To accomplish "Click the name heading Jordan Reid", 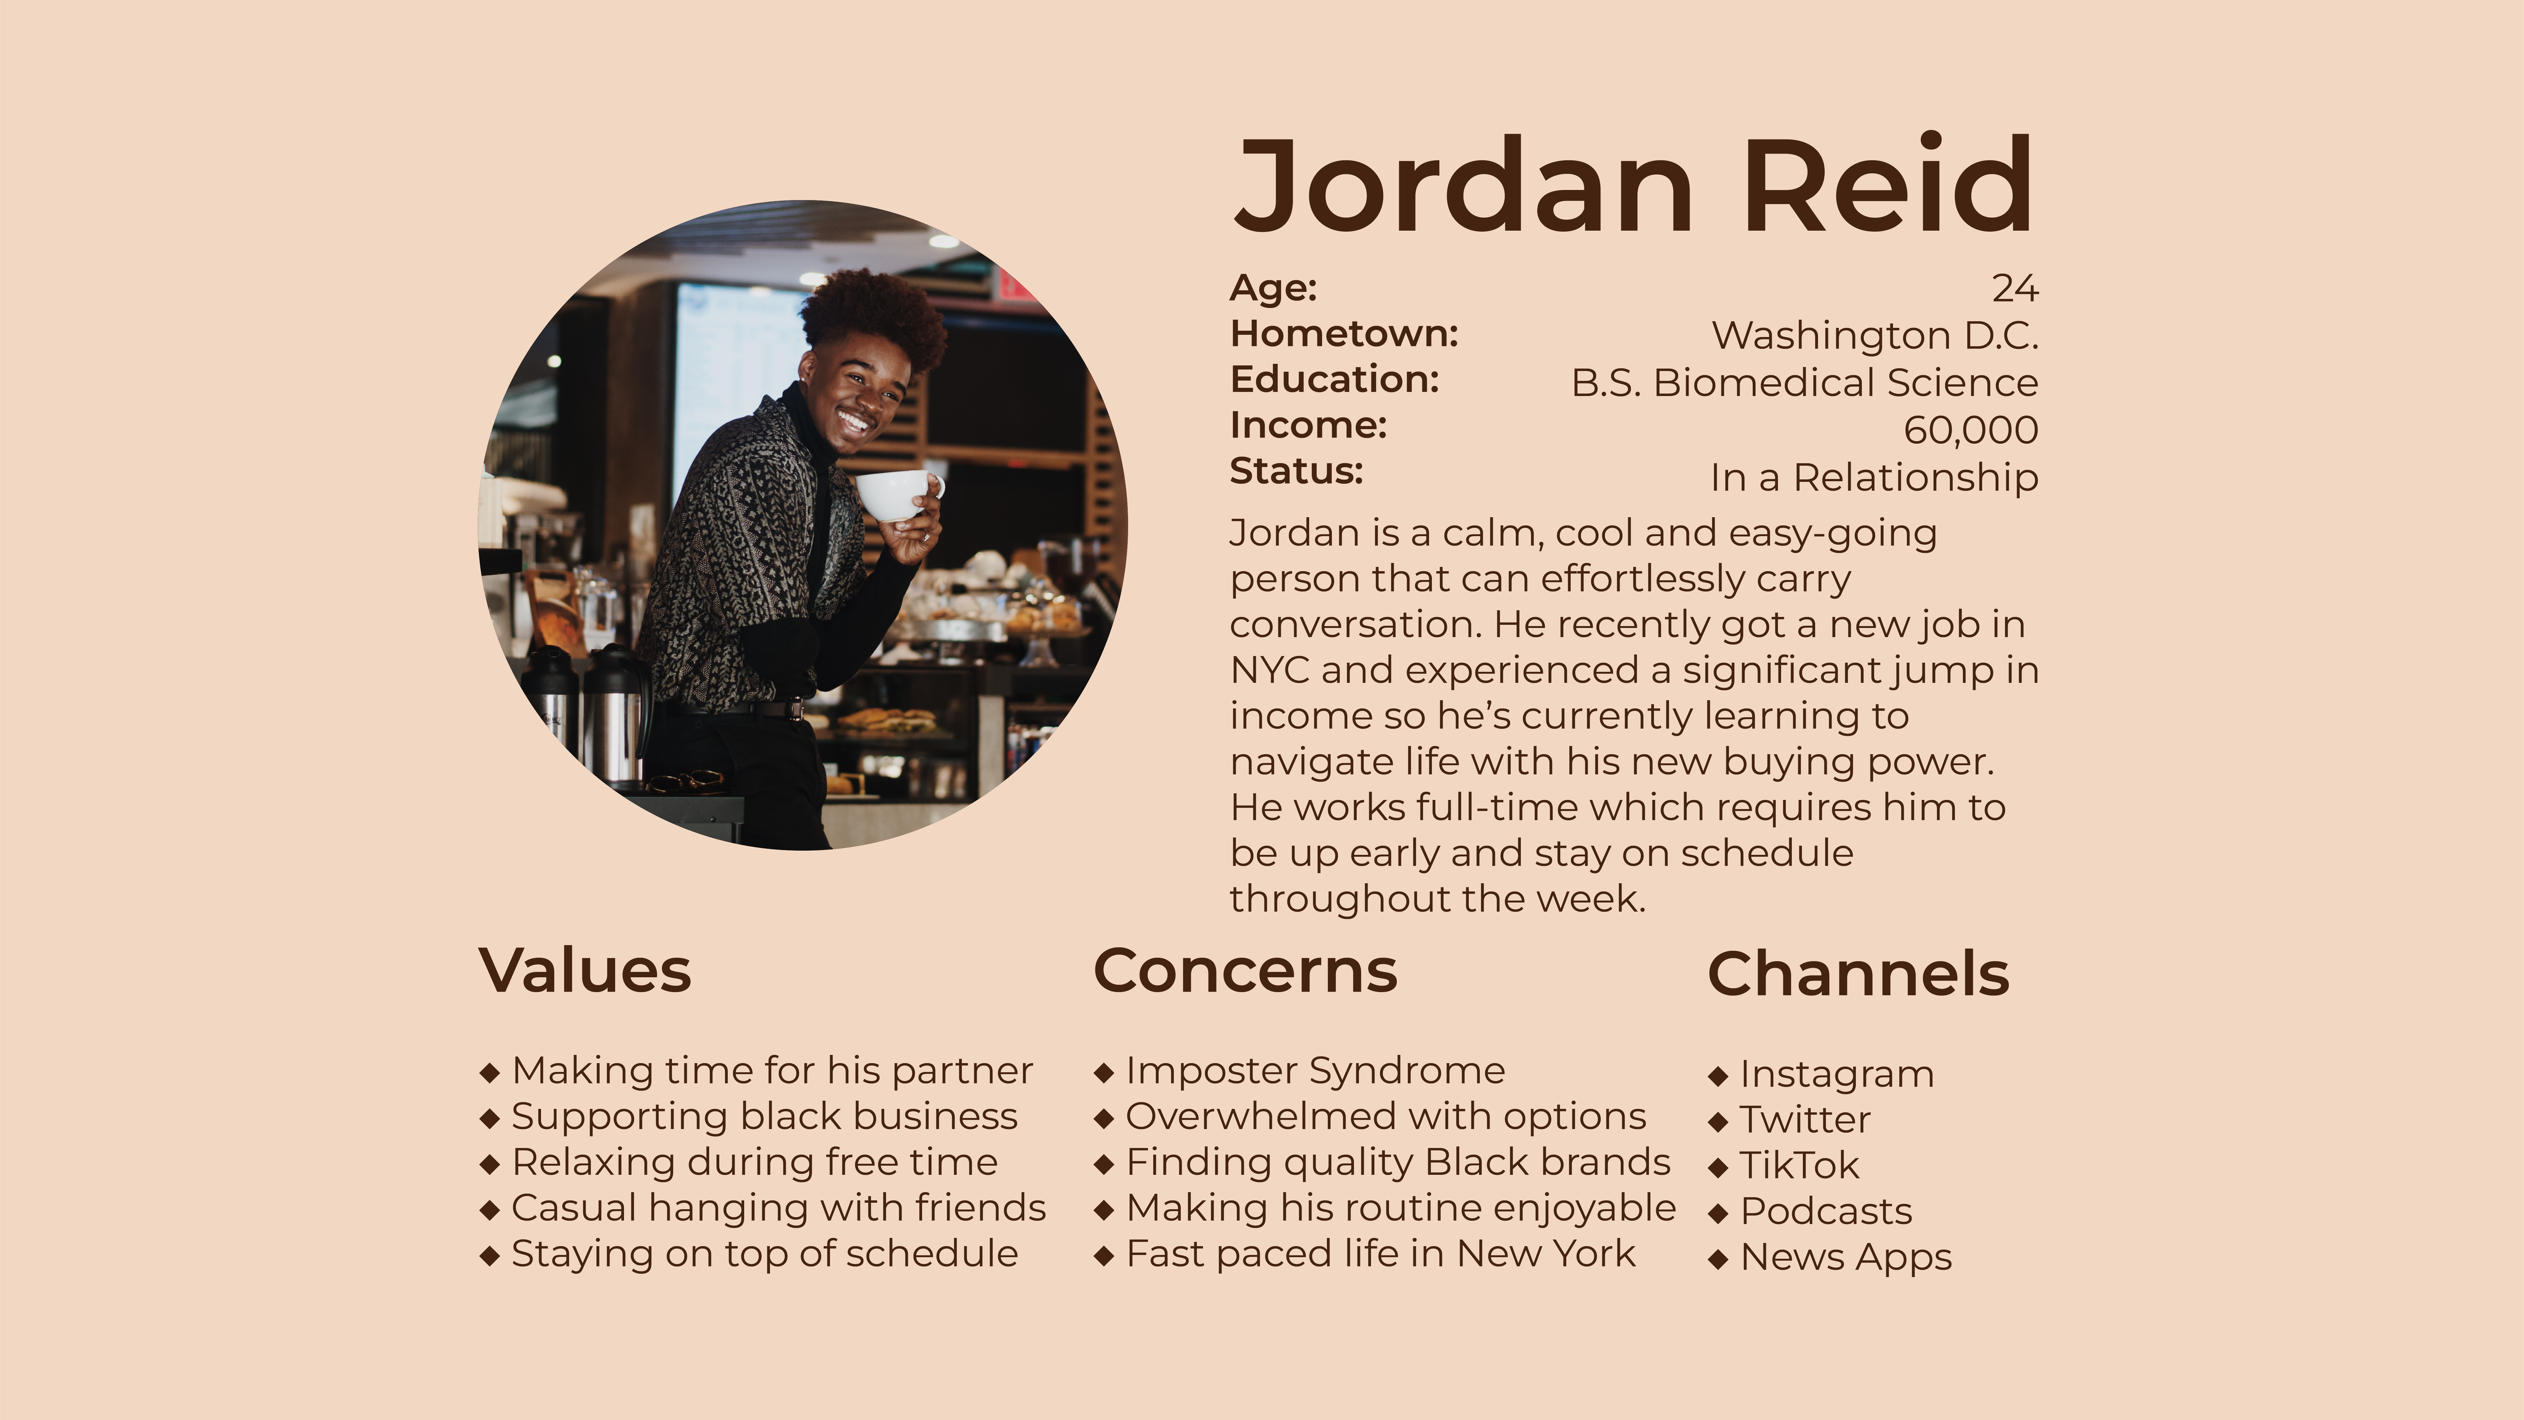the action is pyautogui.click(x=1633, y=186).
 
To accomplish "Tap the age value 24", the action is pyautogui.click(x=2015, y=288).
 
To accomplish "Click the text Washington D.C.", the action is pyautogui.click(x=1874, y=335).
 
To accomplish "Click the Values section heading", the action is pyautogui.click(x=585, y=971).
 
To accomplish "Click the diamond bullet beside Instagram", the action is pyautogui.click(x=1718, y=1076).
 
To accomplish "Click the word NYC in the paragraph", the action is pyautogui.click(x=1270, y=670).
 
